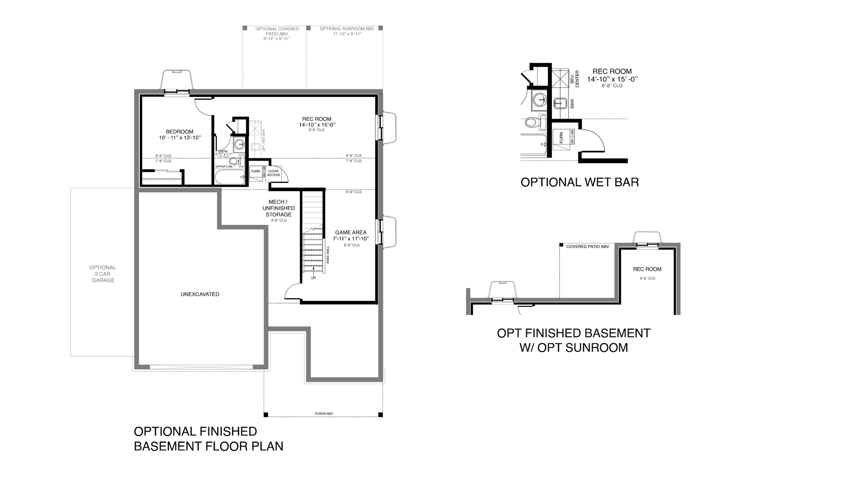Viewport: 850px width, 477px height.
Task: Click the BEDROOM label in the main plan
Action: coord(180,131)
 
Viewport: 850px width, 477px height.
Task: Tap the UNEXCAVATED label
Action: coord(200,294)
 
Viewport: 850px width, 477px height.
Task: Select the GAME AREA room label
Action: coord(351,232)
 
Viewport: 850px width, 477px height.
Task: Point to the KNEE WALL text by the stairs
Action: coord(328,255)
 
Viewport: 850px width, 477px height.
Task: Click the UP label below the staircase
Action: coord(313,278)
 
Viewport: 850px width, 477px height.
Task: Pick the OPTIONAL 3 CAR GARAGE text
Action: coord(103,274)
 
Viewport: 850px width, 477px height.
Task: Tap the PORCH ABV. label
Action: coord(324,413)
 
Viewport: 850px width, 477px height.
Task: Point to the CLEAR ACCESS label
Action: coord(273,173)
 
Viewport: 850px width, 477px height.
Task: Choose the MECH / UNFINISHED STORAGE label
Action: coord(278,208)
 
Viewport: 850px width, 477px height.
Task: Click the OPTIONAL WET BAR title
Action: coord(580,182)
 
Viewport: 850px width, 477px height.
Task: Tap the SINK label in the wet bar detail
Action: coord(572,104)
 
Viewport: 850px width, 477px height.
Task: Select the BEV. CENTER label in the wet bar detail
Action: coord(575,79)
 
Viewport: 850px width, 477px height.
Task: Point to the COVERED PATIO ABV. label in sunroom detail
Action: coord(588,247)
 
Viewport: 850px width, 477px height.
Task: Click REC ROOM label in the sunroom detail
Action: coord(647,269)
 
